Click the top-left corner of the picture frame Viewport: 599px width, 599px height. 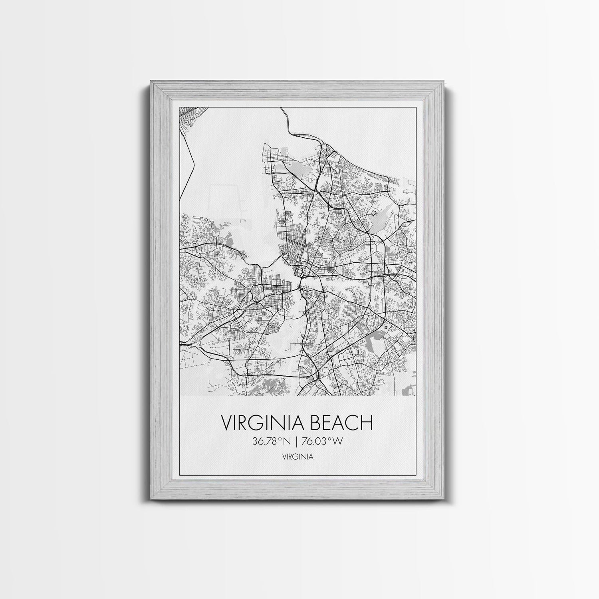151,81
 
